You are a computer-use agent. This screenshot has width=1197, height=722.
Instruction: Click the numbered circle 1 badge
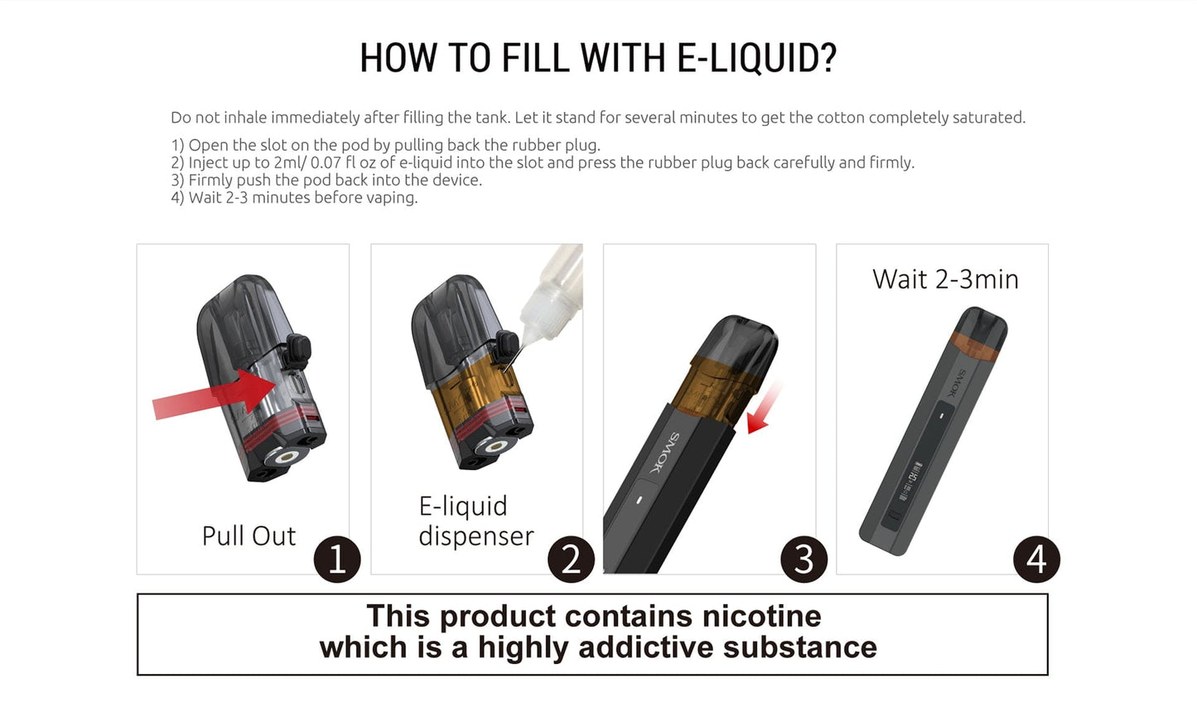tap(337, 559)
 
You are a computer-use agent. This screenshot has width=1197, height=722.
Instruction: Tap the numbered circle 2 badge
tap(571, 559)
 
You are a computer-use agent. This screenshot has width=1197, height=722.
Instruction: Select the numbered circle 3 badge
tap(804, 559)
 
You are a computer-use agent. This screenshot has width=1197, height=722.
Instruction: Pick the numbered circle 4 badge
tap(1036, 559)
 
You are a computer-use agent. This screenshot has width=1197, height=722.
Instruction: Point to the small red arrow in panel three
tap(763, 409)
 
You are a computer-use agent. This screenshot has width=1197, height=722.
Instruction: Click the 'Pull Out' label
tap(249, 535)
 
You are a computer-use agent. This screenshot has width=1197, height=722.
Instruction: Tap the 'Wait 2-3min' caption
tap(945, 279)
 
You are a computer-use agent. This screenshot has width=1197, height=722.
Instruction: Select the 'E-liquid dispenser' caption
tap(476, 521)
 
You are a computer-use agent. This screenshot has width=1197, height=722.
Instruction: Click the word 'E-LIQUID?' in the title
tap(756, 58)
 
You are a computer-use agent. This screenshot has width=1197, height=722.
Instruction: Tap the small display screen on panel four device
tap(909, 482)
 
